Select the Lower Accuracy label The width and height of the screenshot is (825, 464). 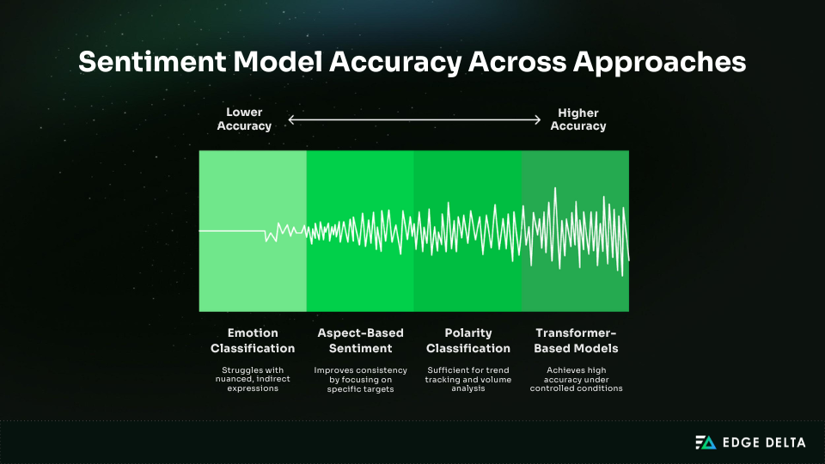(244, 119)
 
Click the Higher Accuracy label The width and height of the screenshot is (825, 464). (577, 119)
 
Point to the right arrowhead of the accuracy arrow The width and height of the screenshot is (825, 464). (538, 120)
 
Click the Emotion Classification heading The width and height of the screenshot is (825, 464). (253, 340)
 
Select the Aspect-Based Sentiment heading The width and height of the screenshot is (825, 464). (360, 340)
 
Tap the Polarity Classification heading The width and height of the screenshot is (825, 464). (468, 340)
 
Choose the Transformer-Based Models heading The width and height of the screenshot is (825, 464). (576, 340)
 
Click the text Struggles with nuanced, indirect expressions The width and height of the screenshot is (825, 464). (253, 379)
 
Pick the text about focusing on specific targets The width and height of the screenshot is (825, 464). (360, 379)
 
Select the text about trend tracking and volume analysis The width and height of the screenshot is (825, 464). (468, 379)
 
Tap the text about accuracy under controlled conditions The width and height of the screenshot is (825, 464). (576, 379)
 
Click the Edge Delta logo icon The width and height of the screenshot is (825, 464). (705, 443)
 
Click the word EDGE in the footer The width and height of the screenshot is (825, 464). (736, 443)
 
